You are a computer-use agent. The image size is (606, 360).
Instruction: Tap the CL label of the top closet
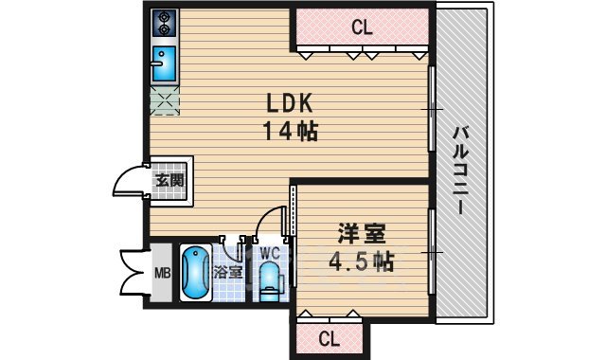(361, 27)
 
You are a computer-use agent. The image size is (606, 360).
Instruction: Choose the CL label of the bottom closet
(329, 338)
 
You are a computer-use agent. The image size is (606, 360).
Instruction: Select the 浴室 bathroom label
(227, 272)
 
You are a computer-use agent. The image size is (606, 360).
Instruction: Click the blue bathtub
(195, 272)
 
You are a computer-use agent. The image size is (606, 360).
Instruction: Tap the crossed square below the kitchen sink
(164, 99)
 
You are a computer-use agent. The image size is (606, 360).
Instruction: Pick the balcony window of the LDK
(433, 109)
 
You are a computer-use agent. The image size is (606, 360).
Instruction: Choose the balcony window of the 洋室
(433, 252)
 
